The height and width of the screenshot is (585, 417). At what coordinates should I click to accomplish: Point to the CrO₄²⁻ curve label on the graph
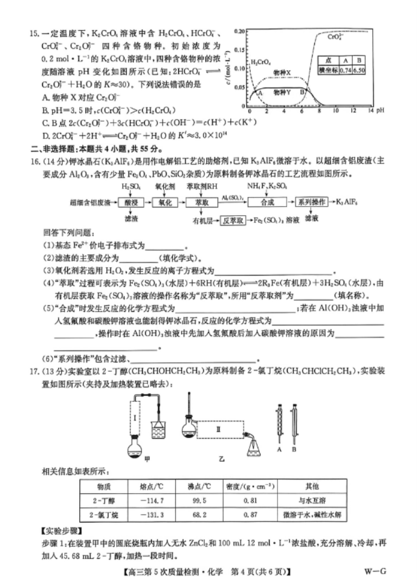pos(335,37)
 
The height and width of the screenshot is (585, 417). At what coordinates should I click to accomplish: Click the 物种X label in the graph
pos(282,71)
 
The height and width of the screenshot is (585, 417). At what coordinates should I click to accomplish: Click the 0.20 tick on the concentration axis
pos(240,30)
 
